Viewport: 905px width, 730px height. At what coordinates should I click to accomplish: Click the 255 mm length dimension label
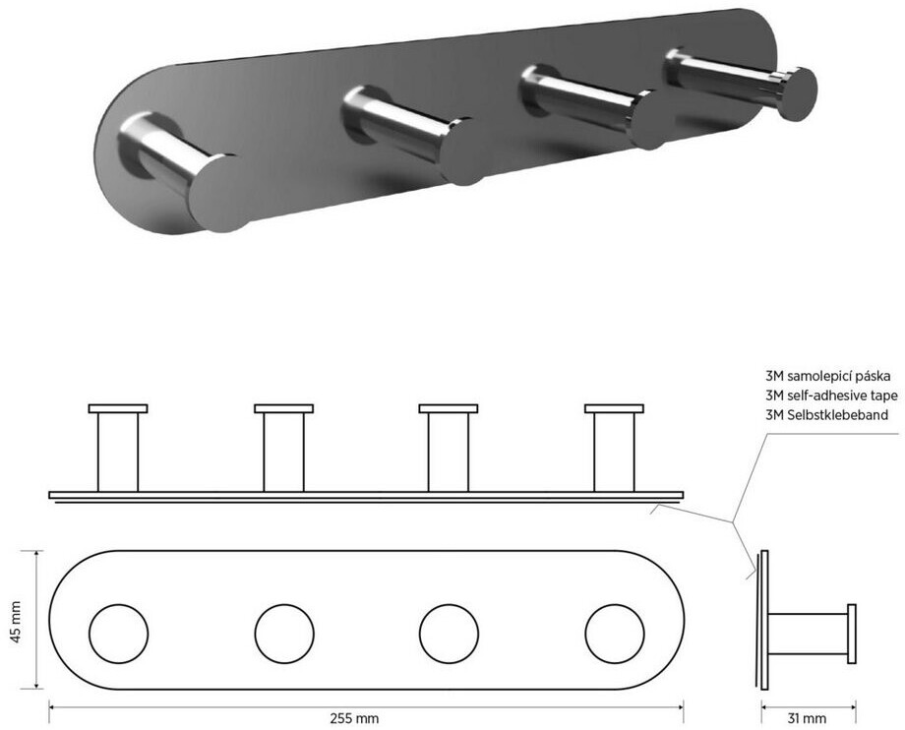pos(354,718)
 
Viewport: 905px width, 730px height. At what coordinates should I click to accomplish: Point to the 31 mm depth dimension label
pos(807,718)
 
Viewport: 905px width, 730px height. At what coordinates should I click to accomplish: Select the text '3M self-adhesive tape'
pos(831,395)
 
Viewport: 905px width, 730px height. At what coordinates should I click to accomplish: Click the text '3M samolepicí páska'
pos(827,376)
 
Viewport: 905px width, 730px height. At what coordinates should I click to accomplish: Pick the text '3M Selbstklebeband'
pos(826,414)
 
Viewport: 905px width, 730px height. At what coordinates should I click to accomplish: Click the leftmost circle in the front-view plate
pos(118,634)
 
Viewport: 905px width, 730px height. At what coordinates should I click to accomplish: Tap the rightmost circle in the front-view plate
pos(614,634)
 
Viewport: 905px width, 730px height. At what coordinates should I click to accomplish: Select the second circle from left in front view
pos(284,634)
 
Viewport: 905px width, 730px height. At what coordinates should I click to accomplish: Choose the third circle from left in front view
pos(449,634)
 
